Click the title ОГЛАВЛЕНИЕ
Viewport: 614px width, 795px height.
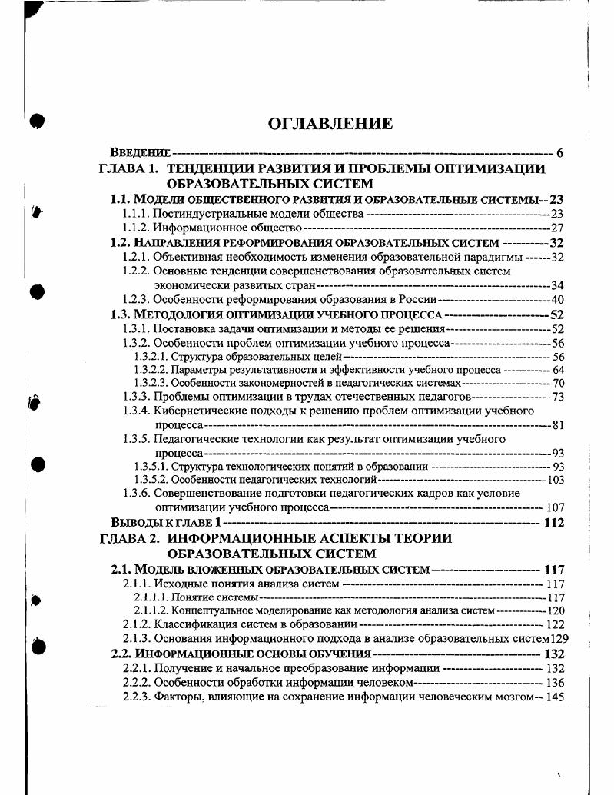pyautogui.click(x=330, y=124)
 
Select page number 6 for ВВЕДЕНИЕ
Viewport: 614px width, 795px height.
pyautogui.click(x=560, y=153)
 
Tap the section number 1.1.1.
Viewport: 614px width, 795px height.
pyautogui.click(x=136, y=213)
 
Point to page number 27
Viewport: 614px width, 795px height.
pyautogui.click(x=557, y=228)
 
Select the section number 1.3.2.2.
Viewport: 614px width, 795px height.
pyautogui.click(x=151, y=369)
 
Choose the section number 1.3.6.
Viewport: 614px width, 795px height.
pyautogui.click(x=136, y=494)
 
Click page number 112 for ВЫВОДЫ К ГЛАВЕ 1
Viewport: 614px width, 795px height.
pyautogui.click(x=553, y=523)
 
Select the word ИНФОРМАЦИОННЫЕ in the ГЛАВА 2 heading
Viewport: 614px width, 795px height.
pyautogui.click(x=236, y=538)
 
